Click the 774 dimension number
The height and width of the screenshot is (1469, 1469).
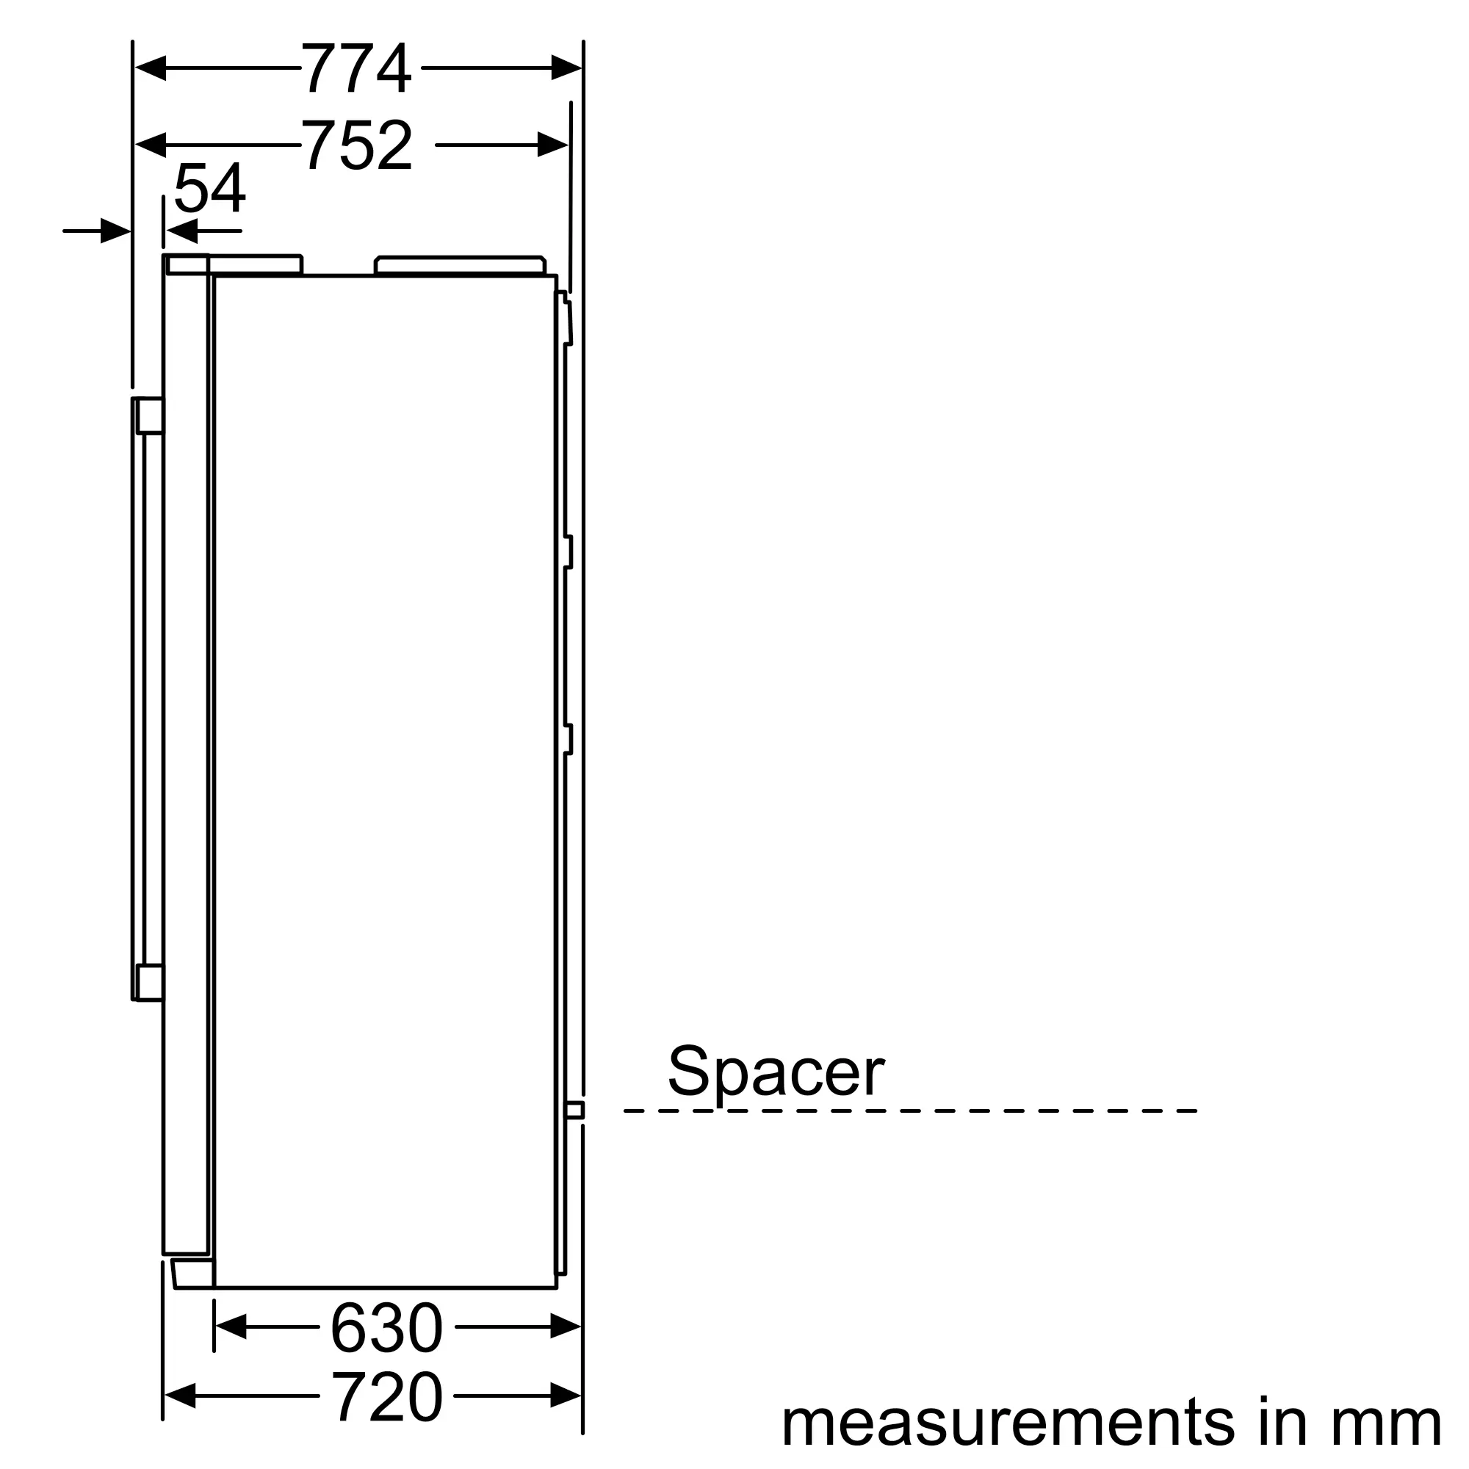[x=357, y=68]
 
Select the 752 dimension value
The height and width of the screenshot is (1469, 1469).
[x=358, y=145]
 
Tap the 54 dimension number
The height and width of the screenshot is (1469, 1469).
[x=209, y=188]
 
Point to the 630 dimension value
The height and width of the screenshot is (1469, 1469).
[x=387, y=1327]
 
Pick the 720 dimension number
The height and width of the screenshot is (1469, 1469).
[x=387, y=1396]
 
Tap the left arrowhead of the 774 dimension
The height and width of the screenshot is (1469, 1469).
[x=151, y=68]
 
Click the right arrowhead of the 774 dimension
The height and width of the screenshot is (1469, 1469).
[x=566, y=68]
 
